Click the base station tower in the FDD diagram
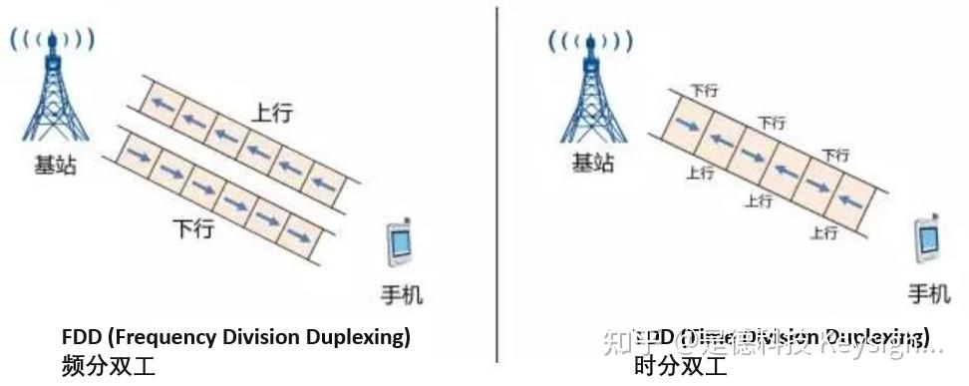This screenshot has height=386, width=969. pos(52,95)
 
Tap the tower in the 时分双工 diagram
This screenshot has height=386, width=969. pos(590,95)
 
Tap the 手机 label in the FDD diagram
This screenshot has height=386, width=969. pos(403,295)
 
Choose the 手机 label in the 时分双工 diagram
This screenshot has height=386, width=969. pos(929,295)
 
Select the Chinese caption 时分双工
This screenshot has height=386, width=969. pos(681,366)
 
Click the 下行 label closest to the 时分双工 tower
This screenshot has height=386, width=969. pos(705,91)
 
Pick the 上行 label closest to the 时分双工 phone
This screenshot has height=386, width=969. pos(823,233)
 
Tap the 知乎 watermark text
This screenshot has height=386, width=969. pos(656,343)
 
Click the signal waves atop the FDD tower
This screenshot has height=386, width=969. pos(52,40)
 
